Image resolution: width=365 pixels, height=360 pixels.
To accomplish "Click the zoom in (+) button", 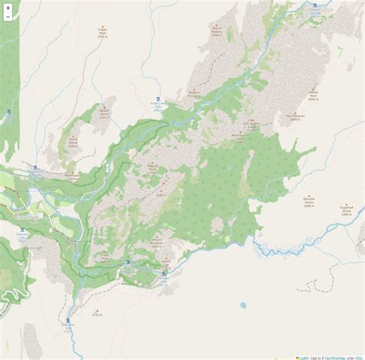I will click(x=8, y=7).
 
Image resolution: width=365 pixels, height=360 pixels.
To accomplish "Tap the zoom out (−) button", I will click(x=8, y=17).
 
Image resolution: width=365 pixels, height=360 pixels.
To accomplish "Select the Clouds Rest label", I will click(x=313, y=96).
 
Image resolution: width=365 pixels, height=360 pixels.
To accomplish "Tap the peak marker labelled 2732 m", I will click(x=98, y=290).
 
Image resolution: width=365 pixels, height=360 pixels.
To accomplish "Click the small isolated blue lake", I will click(x=244, y=284).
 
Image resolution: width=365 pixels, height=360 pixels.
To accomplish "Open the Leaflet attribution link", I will click(x=305, y=356).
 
